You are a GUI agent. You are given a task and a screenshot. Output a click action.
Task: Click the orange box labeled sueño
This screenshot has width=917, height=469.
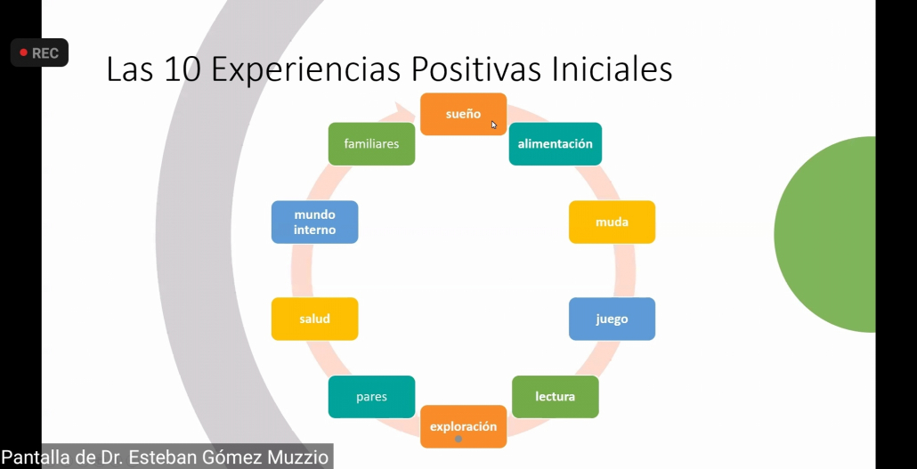(x=463, y=114)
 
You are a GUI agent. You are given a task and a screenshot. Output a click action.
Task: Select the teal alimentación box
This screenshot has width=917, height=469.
(x=555, y=144)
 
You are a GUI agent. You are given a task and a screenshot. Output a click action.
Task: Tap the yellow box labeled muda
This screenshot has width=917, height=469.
(x=612, y=222)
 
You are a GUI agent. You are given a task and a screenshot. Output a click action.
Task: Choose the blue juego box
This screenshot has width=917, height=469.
(x=612, y=319)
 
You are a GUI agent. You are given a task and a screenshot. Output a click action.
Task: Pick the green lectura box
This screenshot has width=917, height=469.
(x=555, y=397)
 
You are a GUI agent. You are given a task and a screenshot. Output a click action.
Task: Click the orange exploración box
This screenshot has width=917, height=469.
(x=463, y=426)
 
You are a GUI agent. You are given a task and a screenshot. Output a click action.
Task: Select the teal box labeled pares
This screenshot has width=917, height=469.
(x=371, y=397)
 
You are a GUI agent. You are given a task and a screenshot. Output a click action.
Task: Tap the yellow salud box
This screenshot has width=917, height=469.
(x=314, y=319)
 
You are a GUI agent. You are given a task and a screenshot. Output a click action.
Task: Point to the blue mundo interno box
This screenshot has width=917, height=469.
(x=314, y=222)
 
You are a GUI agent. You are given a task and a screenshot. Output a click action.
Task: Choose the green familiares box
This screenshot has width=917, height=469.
(x=371, y=144)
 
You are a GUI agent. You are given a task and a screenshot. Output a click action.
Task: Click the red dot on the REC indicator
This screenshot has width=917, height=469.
(x=23, y=53)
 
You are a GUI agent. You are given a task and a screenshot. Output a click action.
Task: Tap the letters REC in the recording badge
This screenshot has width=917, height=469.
(x=45, y=53)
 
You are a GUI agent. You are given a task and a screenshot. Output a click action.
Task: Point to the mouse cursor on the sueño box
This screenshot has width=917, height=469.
(x=494, y=125)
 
